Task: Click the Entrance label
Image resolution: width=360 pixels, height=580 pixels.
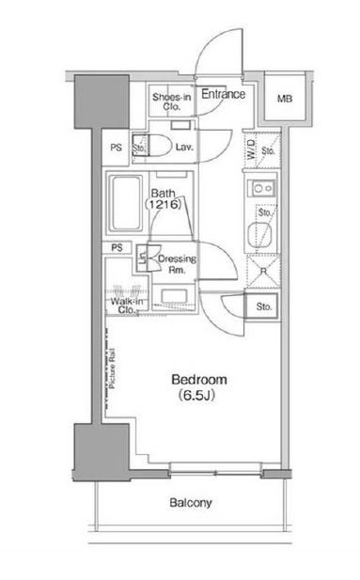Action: (x=223, y=94)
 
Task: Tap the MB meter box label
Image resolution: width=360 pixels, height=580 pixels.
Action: (x=285, y=99)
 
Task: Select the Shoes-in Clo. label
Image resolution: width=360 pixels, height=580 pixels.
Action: (x=172, y=102)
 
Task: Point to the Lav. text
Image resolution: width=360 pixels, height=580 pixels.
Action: (x=184, y=148)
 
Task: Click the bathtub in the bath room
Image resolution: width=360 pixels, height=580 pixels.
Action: (x=126, y=203)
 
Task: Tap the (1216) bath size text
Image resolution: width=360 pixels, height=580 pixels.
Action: (x=164, y=204)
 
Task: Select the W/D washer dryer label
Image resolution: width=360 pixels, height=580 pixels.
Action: (x=251, y=149)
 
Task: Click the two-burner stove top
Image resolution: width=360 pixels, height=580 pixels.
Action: (x=263, y=189)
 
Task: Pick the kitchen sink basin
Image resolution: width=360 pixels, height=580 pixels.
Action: (x=260, y=236)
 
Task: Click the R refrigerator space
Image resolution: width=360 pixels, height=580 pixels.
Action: (x=263, y=272)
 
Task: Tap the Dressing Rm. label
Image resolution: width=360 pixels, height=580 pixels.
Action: (x=177, y=264)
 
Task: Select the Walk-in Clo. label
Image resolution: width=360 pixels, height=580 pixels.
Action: (x=127, y=306)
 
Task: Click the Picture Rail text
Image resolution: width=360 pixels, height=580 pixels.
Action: (x=113, y=368)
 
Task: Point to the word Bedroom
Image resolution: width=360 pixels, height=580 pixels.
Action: (x=199, y=380)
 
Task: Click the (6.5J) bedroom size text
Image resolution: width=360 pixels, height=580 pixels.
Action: (x=196, y=396)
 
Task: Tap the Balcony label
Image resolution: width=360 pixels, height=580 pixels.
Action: (x=191, y=503)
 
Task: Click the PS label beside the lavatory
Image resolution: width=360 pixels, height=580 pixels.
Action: (x=117, y=148)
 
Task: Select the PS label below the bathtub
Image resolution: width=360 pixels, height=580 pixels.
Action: (x=117, y=247)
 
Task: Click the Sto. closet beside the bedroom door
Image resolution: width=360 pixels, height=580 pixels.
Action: (x=264, y=306)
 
